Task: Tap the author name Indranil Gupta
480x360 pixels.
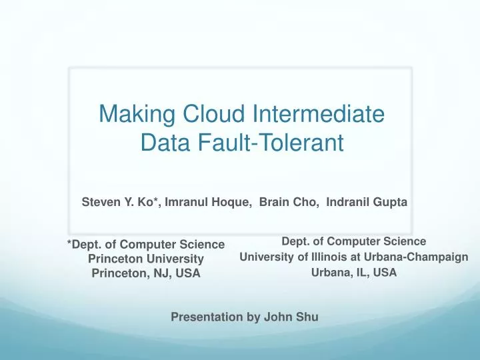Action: (x=367, y=201)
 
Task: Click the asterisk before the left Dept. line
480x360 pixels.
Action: (x=69, y=244)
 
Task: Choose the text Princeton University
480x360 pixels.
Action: (x=146, y=259)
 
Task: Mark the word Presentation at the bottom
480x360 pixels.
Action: (x=207, y=317)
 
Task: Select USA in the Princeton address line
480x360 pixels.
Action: (x=188, y=273)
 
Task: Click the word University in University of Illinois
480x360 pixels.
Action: (x=265, y=257)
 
